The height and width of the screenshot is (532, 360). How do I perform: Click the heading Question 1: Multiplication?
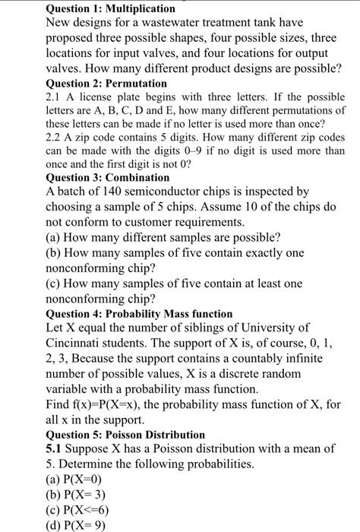tap(110, 8)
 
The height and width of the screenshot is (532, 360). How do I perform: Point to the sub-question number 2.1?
tap(55, 97)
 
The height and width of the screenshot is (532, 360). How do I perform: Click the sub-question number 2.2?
tap(55, 138)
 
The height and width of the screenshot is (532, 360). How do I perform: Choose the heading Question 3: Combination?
tap(108, 177)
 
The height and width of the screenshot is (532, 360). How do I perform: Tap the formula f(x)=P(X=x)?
tap(111, 404)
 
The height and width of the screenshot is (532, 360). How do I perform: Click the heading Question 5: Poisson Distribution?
tap(125, 434)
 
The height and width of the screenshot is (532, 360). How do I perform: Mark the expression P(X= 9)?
tap(85, 524)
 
